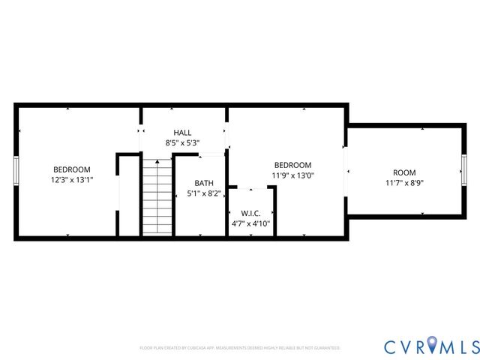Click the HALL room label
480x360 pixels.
[x=182, y=132]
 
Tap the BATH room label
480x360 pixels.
[x=203, y=183]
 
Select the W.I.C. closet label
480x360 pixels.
[x=250, y=212]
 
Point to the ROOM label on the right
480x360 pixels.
[x=404, y=172]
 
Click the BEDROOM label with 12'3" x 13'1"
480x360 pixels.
[x=71, y=169]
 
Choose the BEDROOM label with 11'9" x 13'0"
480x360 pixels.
[x=292, y=165]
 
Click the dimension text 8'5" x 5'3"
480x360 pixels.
[x=182, y=142]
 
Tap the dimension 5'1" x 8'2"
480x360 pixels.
[x=203, y=193]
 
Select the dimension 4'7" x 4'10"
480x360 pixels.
[x=250, y=223]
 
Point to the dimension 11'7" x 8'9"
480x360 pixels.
[x=404, y=182]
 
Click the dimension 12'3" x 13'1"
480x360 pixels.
[x=71, y=180]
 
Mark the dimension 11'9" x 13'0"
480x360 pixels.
[x=292, y=175]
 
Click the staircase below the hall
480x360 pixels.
[x=157, y=196]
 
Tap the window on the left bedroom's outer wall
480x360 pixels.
[x=16, y=171]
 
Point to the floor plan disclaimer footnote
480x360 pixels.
[x=240, y=348]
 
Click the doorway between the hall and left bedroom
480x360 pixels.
[x=140, y=132]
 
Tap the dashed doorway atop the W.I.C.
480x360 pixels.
[x=250, y=187]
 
